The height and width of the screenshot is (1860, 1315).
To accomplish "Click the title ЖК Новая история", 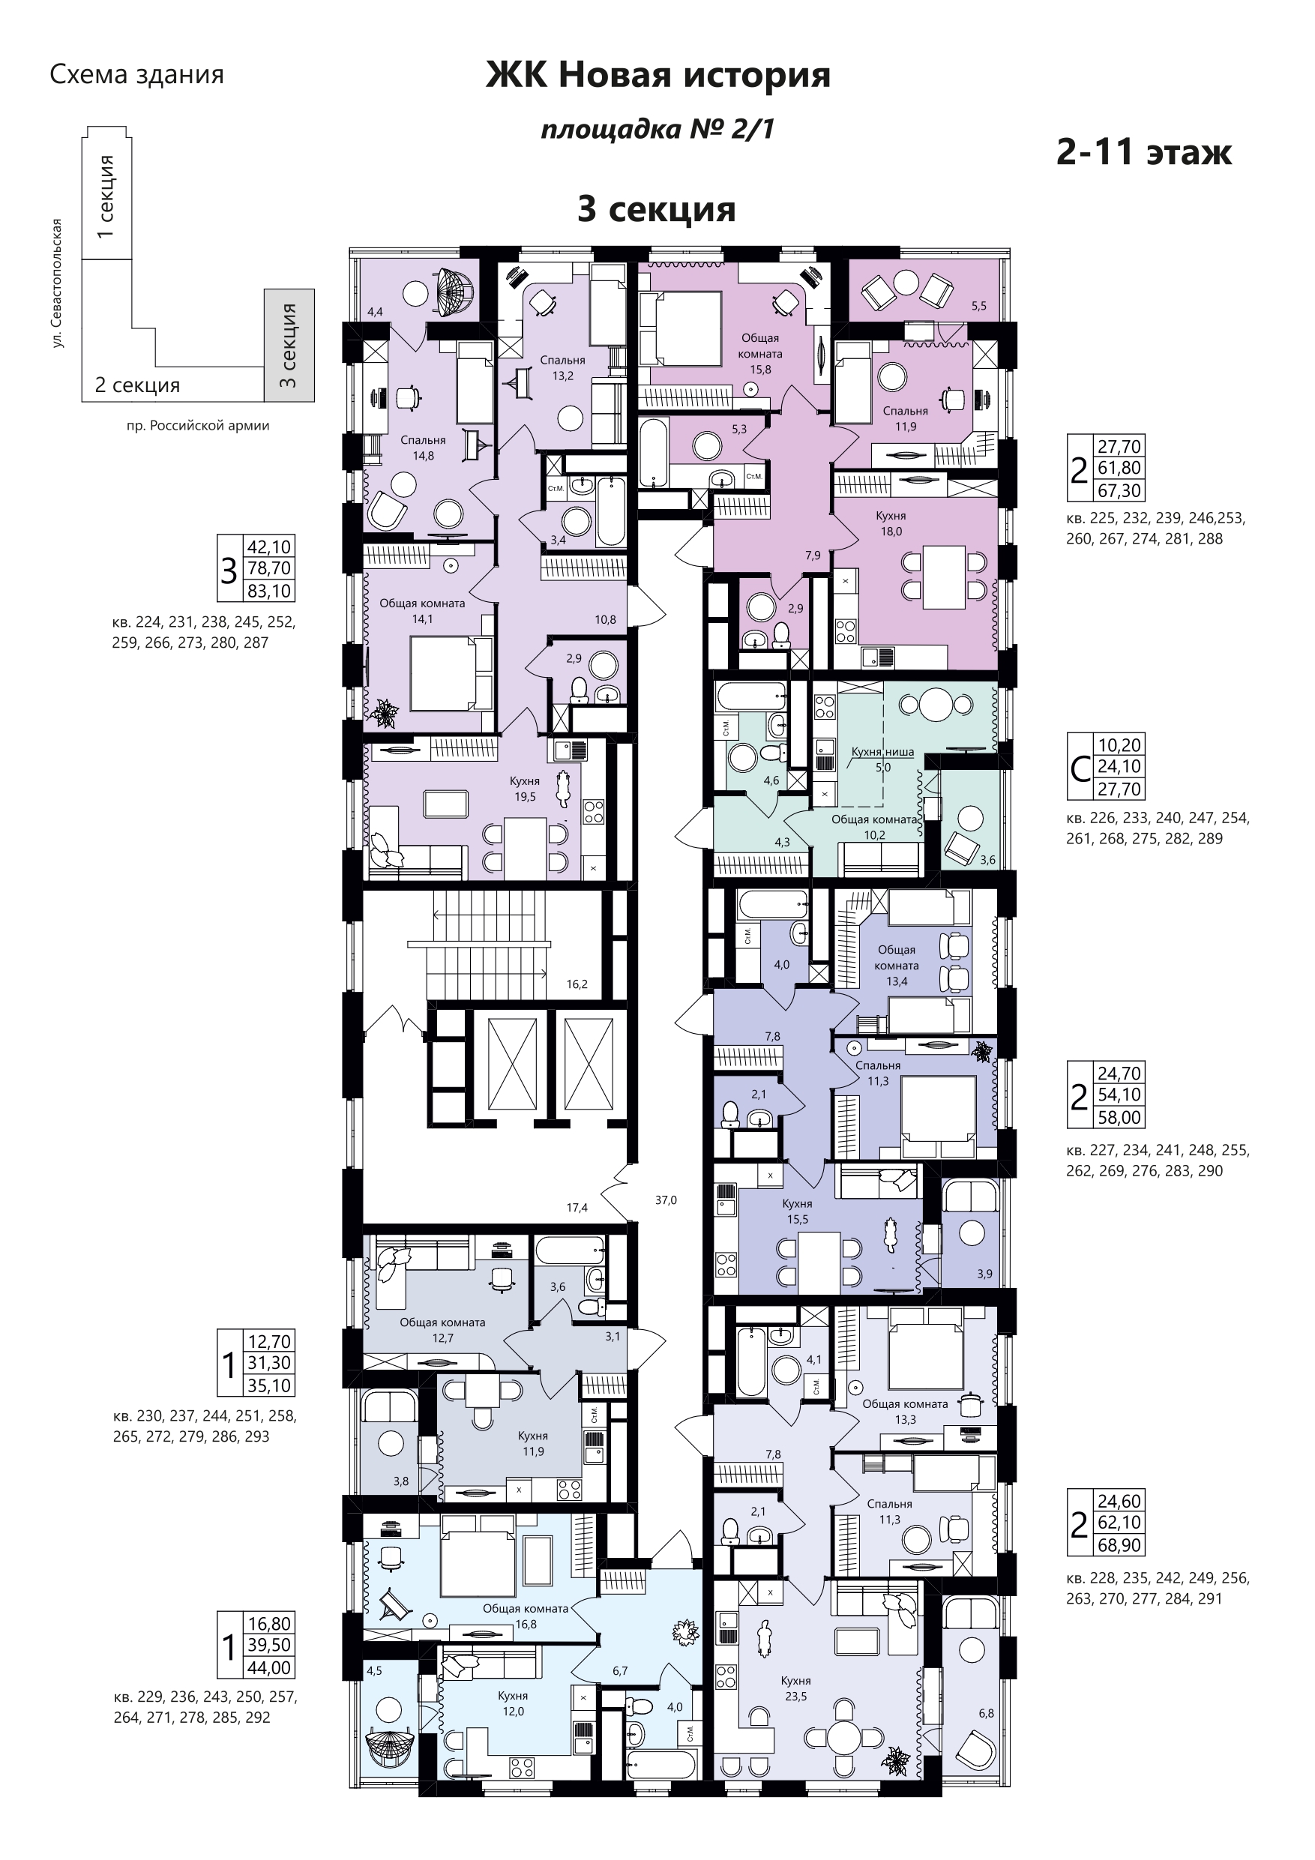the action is pos(658,75).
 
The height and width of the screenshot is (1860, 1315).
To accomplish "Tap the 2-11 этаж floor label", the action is pos(1144,151).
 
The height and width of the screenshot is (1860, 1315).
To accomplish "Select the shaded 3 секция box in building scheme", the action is pos(289,346).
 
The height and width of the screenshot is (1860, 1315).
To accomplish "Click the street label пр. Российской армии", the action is pos(199,425).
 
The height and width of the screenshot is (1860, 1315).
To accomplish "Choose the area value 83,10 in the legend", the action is pos(270,592).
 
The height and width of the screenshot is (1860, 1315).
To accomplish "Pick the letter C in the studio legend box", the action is pos(1080,768).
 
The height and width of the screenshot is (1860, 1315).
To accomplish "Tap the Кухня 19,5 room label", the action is pos(525,789).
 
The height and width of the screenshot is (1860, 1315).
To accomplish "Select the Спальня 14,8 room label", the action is pos(423,447).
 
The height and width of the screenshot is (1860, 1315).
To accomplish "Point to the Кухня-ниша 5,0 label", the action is pos(882,759).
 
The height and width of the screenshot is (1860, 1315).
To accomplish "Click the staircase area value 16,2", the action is pos(577,984).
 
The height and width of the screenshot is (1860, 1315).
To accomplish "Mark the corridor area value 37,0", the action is pos(666,1200).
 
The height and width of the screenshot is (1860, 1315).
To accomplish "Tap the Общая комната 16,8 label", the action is pos(526,1616).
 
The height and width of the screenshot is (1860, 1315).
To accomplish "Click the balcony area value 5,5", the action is pos(979,306).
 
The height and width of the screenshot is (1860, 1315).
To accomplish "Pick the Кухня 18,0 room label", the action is pos(891,523).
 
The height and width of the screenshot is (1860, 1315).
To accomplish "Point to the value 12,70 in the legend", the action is pos(270,1341).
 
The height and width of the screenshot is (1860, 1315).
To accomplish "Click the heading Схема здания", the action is pos(137,74).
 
